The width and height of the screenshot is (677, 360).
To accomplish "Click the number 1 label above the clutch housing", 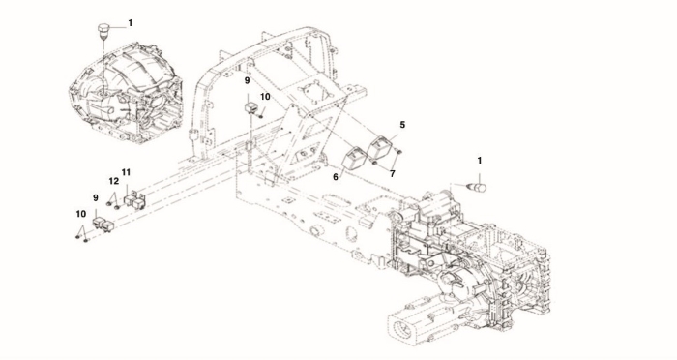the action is (130, 23).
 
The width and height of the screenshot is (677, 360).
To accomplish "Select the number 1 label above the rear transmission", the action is (480, 161).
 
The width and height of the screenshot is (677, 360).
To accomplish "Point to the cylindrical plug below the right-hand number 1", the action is (478, 187).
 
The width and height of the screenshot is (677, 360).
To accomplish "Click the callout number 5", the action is (402, 125).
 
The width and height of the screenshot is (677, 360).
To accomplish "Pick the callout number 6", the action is (335, 176).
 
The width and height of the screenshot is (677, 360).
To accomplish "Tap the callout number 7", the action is (392, 174).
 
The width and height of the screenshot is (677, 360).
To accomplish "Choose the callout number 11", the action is (126, 172).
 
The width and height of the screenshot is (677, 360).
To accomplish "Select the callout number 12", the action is (113, 181).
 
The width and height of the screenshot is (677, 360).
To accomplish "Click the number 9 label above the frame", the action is (247, 80).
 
